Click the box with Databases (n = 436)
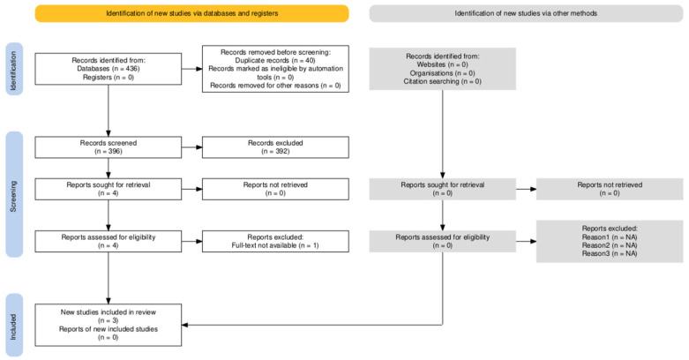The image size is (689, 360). tap(108, 70)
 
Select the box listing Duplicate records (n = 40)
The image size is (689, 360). tap(275, 70)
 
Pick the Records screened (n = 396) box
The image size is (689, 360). tap(108, 146)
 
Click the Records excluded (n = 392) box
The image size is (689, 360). tap(275, 146)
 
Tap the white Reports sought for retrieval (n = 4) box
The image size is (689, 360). tap(108, 191)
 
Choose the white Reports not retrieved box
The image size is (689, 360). tap(275, 191)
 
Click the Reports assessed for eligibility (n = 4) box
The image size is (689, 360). tap(108, 241)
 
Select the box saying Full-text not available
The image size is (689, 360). tap(275, 241)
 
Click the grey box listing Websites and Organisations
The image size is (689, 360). tap(442, 70)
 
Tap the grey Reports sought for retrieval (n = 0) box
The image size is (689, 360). tap(442, 191)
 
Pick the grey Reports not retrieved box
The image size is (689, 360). tap(610, 191)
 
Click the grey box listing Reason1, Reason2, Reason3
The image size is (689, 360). tap(610, 241)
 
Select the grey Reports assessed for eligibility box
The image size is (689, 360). tap(442, 241)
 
